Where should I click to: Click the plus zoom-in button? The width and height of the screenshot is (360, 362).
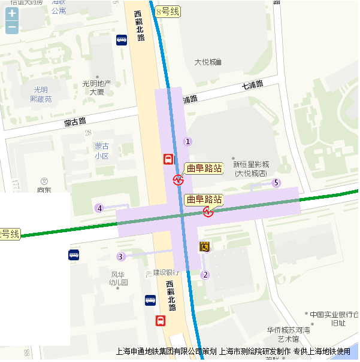point(12,13)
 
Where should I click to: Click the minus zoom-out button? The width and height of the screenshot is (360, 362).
point(12,27)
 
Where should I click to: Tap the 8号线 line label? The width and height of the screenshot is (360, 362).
point(167,11)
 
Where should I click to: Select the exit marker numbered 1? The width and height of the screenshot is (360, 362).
point(187,141)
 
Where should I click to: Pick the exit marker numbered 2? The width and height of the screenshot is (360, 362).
point(205,275)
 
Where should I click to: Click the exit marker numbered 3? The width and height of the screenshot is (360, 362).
point(121,257)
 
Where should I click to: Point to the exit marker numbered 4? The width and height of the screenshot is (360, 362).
point(99,208)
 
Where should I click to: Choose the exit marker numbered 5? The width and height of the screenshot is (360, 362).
point(276,182)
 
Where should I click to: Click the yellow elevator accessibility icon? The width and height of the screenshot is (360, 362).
point(204,246)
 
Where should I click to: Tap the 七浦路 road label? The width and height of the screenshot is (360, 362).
point(252,84)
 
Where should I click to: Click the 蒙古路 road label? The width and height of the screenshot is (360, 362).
point(75,123)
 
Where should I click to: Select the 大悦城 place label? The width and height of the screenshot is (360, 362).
point(207,62)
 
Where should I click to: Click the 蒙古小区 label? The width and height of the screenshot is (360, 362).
point(101,151)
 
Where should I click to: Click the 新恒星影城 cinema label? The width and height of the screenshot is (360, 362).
point(251,169)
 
